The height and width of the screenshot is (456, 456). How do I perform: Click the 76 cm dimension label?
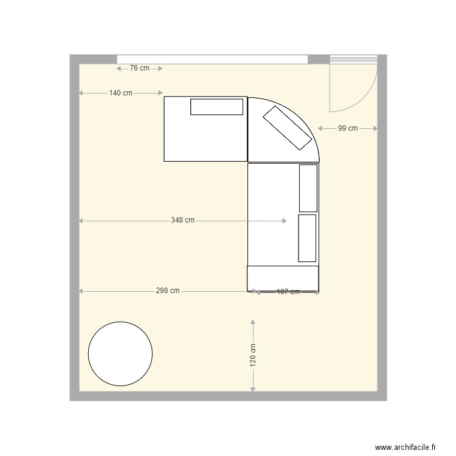[139, 69]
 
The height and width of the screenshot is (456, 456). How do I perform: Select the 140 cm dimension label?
[120, 93]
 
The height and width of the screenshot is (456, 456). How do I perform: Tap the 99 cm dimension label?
[348, 128]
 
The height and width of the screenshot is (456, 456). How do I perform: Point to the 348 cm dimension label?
[182, 221]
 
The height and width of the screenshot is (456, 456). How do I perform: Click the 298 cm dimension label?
[167, 291]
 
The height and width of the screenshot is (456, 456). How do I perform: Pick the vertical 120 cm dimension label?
[252, 355]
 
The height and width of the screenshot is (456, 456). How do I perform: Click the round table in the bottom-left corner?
[120, 354]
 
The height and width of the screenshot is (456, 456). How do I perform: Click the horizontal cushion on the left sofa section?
[216, 107]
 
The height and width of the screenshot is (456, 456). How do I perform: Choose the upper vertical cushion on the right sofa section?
[308, 188]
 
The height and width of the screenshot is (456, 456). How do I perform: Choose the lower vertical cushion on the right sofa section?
[307, 238]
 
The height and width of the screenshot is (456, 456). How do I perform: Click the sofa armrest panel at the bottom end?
[283, 278]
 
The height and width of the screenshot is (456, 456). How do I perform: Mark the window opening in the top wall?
[212, 59]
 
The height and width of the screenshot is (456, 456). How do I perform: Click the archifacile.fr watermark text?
[406, 447]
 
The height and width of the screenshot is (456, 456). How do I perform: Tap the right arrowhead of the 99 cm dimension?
[375, 128]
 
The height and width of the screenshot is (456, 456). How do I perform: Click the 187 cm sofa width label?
[288, 292]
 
